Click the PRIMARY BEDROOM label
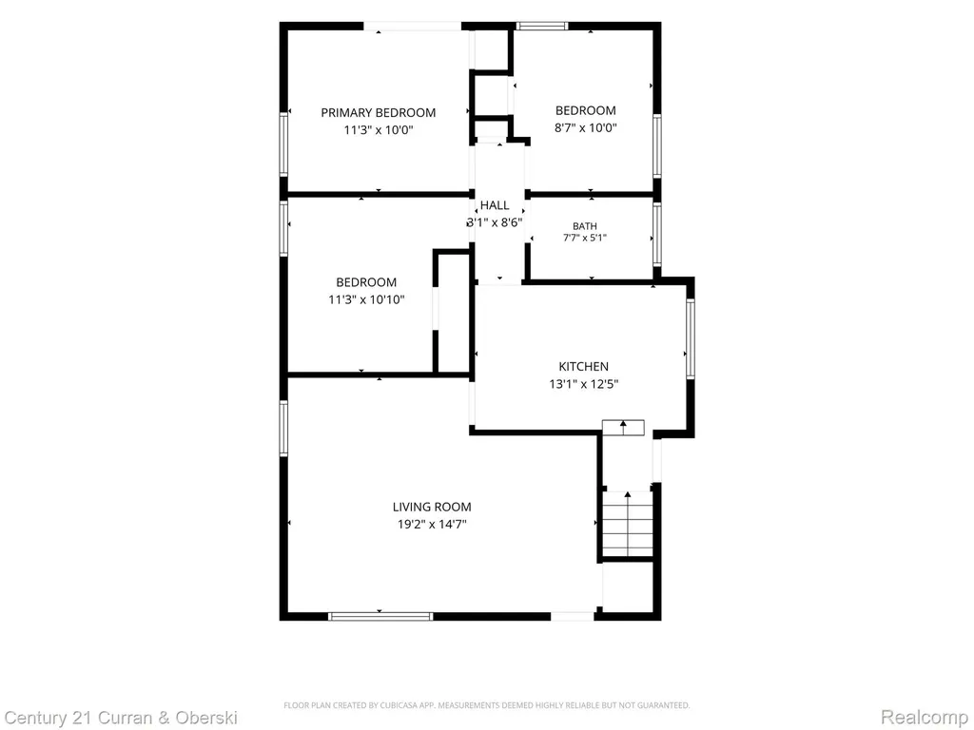(x=379, y=112)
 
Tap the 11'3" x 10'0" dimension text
(x=379, y=129)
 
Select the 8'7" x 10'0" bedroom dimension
(x=585, y=128)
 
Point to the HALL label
(x=495, y=205)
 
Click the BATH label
(x=585, y=226)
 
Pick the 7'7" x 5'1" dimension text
(x=585, y=237)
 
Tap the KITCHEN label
(x=583, y=366)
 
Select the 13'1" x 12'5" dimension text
(x=583, y=384)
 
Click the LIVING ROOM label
(x=432, y=507)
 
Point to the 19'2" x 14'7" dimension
(x=432, y=524)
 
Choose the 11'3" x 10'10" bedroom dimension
(x=366, y=299)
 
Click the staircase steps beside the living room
(x=628, y=525)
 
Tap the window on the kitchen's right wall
(x=691, y=338)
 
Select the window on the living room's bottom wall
(x=380, y=616)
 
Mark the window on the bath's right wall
(x=656, y=234)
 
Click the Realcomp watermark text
(x=924, y=717)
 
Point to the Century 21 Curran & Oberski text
(x=121, y=718)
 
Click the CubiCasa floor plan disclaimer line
(x=486, y=705)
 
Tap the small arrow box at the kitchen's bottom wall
(x=623, y=427)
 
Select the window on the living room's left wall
(x=283, y=429)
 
